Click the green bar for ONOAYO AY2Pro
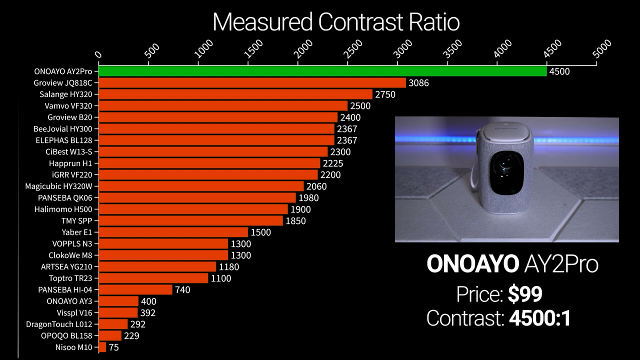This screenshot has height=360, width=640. (322, 71)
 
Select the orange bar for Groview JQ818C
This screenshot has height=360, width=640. (252, 83)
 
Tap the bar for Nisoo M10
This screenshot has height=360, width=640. (102, 347)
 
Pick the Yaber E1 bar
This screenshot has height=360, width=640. (173, 232)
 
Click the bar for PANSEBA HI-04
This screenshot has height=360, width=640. (135, 289)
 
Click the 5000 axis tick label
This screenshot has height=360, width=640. (602, 49)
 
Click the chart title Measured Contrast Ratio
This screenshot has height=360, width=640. (336, 22)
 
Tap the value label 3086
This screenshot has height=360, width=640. (418, 83)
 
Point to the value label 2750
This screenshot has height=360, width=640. (385, 94)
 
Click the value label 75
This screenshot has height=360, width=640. (113, 347)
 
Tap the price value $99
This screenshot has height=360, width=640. (525, 295)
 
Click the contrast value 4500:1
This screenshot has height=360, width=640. (540, 318)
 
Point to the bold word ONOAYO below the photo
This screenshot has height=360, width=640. (472, 264)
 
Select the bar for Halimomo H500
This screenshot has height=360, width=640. (193, 209)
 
